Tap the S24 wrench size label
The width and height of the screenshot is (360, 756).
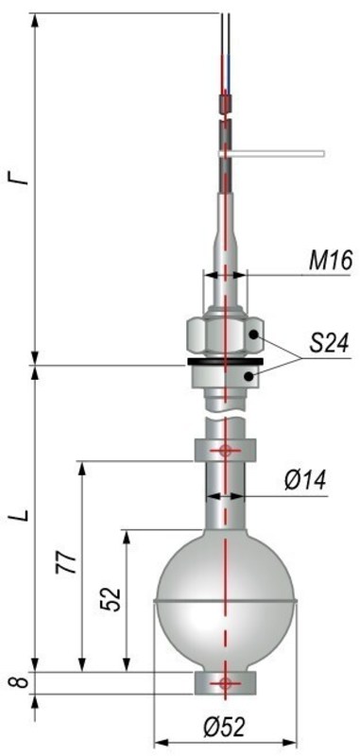(330, 345)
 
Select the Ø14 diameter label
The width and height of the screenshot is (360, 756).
(304, 482)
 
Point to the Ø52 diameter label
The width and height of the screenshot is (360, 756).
(224, 729)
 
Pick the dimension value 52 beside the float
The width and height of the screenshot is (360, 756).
(112, 599)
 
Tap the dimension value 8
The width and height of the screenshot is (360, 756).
(17, 682)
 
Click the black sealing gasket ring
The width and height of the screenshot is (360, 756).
(225, 361)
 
